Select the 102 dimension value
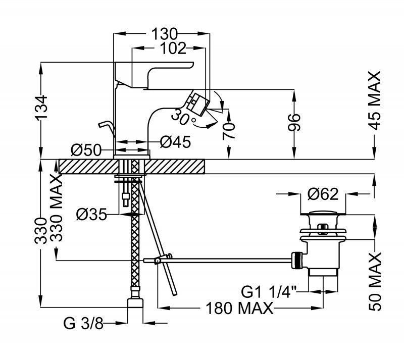pyautogui.click(x=173, y=48)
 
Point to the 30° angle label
pyautogui.click(x=183, y=118)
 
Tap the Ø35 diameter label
pyautogui.click(x=91, y=215)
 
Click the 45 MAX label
pyautogui.click(x=375, y=100)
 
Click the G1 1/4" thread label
pyautogui.click(x=270, y=291)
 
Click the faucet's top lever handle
pyautogui.click(x=155, y=71)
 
